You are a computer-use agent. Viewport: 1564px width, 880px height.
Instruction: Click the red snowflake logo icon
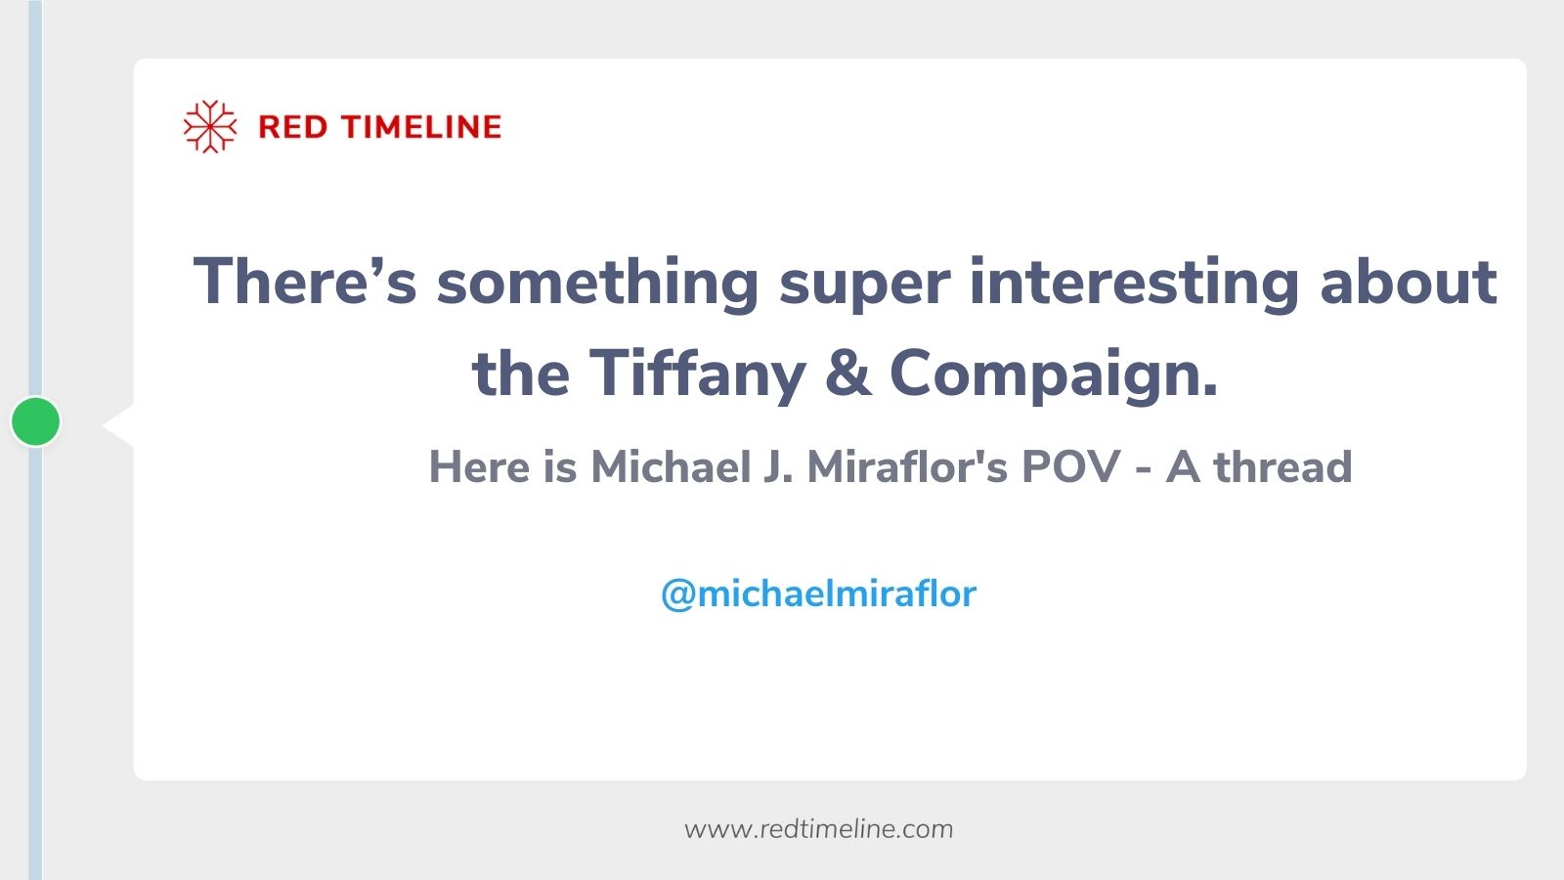point(210,126)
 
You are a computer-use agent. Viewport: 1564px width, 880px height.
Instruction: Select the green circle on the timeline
point(36,421)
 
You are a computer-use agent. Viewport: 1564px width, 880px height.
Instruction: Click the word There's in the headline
point(305,282)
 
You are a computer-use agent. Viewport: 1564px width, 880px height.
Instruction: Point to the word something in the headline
point(597,282)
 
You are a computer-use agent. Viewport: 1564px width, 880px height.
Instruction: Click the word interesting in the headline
point(1134,282)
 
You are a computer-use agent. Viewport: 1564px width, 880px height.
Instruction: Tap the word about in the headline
point(1409,282)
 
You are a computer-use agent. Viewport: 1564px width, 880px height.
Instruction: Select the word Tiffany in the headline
point(697,374)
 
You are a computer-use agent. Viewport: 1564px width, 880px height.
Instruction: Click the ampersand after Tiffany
point(847,374)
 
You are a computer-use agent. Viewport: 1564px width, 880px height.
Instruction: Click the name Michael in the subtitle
point(671,466)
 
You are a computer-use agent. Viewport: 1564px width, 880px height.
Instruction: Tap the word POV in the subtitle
point(1070,466)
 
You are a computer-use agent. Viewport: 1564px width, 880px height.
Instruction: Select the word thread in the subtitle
point(1282,466)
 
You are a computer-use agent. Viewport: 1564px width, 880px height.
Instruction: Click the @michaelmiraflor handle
point(819,594)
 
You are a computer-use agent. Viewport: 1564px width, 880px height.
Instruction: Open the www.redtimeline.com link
point(819,829)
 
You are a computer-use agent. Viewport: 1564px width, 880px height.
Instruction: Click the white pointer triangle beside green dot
point(119,424)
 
